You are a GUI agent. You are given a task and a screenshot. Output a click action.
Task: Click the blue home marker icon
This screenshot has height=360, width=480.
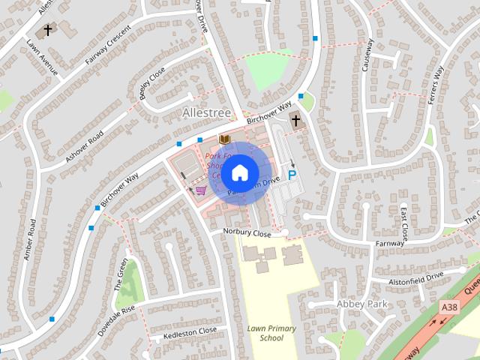tap(239, 173)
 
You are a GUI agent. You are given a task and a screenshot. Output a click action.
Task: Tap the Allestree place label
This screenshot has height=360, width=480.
tap(206, 112)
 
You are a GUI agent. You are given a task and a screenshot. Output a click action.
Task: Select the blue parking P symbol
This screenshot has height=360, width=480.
tap(292, 174)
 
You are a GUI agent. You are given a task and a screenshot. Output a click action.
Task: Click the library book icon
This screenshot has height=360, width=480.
tap(223, 139)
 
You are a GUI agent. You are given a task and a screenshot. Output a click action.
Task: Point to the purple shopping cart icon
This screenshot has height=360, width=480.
tap(200, 190)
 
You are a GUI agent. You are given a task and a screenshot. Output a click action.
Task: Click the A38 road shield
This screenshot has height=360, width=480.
tap(450, 307)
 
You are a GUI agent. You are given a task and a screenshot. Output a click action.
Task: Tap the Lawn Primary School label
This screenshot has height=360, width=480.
tap(271, 333)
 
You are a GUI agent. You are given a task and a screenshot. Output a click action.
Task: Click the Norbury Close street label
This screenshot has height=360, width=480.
tap(247, 233)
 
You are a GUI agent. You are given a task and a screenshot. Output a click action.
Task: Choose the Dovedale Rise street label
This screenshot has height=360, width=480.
tap(118, 319)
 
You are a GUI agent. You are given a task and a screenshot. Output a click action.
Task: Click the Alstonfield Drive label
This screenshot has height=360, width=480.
tap(416, 276)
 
